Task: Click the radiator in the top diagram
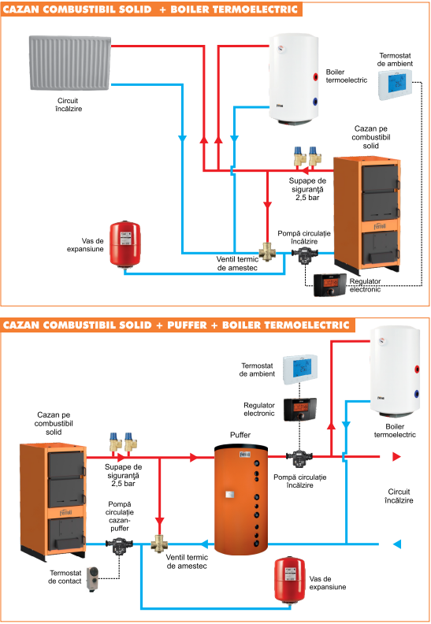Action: coord(70,63)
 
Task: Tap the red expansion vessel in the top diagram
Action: coord(125,244)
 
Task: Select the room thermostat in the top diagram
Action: coord(395,85)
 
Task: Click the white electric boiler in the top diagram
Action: coord(294,80)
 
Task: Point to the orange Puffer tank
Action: coord(241,500)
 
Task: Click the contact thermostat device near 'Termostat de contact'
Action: coord(93,578)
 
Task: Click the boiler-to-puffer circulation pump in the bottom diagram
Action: coord(119,545)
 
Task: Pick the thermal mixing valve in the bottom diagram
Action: coord(159,543)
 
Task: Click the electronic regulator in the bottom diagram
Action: coord(300,410)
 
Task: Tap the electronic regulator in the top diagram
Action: coord(330,285)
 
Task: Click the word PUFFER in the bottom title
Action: coord(187,325)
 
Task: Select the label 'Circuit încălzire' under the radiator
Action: coord(68,105)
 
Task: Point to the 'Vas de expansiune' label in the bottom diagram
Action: coord(328,582)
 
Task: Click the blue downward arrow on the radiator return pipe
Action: coord(182,139)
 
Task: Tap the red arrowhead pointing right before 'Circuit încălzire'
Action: coord(396,456)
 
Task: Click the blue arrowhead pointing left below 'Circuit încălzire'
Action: coord(397,544)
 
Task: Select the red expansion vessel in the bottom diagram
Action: coord(290,580)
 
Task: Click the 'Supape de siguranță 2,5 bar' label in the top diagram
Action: coord(307,189)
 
